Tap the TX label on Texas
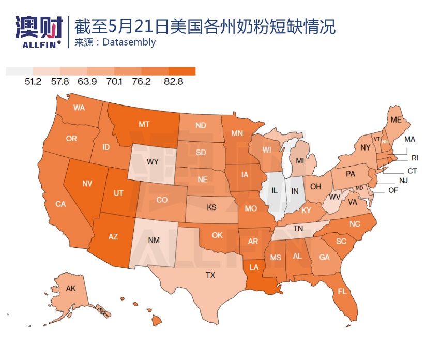point(210,275)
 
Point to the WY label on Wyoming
point(153,161)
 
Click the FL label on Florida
point(342,291)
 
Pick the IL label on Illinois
point(275,191)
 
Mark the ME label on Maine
point(396,119)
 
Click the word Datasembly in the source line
point(129,42)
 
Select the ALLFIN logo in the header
point(39,31)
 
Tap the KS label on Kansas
point(211,207)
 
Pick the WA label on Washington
point(79,108)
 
